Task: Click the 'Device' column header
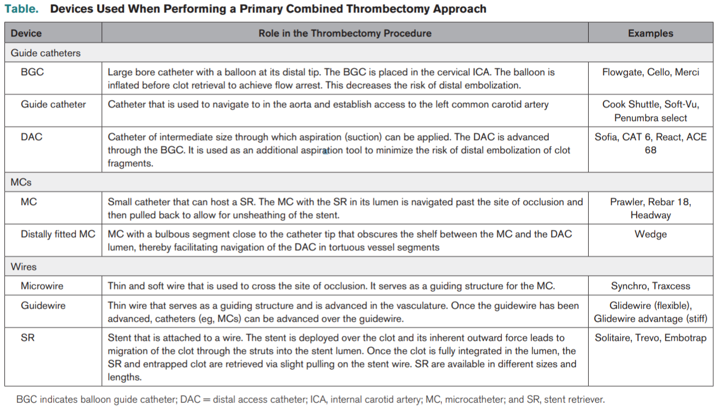pos(26,33)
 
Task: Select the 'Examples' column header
pos(650,33)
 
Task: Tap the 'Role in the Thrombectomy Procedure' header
pos(345,33)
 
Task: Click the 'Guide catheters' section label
pos(46,53)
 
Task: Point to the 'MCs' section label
pos(21,182)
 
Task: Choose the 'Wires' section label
pos(24,267)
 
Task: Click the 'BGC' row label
pos(32,72)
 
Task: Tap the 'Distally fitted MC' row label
pos(58,234)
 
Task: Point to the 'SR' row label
pos(28,338)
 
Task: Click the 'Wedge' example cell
pos(650,234)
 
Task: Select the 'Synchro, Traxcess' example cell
pos(650,286)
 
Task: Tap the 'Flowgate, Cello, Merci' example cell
pos(650,72)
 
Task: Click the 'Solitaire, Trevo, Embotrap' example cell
pos(650,338)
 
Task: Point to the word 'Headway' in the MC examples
pos(650,215)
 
